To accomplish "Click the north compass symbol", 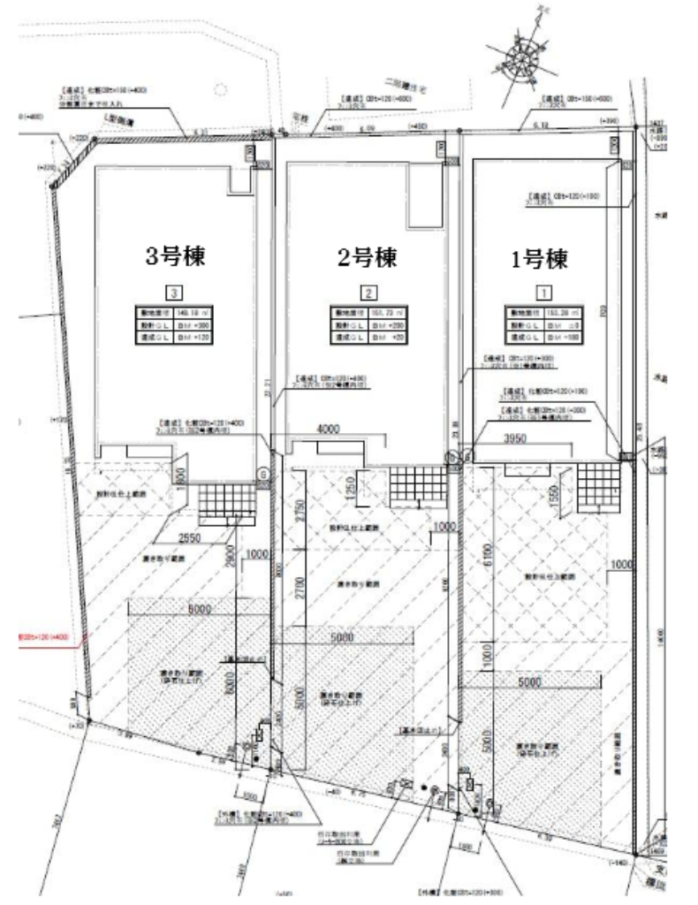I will coord(522,56).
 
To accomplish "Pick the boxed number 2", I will coord(368,292).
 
